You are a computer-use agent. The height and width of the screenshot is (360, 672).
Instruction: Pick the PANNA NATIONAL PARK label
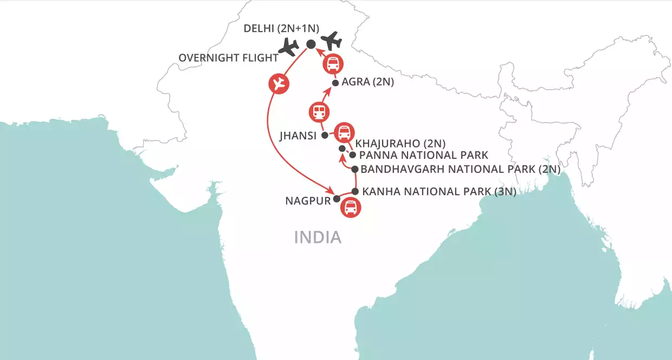424,155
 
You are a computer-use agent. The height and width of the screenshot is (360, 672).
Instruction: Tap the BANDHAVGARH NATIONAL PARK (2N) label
460,169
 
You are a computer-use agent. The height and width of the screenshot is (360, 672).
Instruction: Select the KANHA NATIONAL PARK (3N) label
438,191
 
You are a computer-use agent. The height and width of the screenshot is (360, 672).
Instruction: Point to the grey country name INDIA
318,237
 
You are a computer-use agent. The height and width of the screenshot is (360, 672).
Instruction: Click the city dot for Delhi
311,44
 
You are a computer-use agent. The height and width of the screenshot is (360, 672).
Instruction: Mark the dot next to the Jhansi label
325,135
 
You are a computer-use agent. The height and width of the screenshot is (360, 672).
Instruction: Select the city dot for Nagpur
337,198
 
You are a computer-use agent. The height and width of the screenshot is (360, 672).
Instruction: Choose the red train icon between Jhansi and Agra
318,112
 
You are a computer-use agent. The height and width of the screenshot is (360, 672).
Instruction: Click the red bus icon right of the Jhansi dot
344,132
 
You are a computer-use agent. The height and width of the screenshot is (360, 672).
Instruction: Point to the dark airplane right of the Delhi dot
331,41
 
